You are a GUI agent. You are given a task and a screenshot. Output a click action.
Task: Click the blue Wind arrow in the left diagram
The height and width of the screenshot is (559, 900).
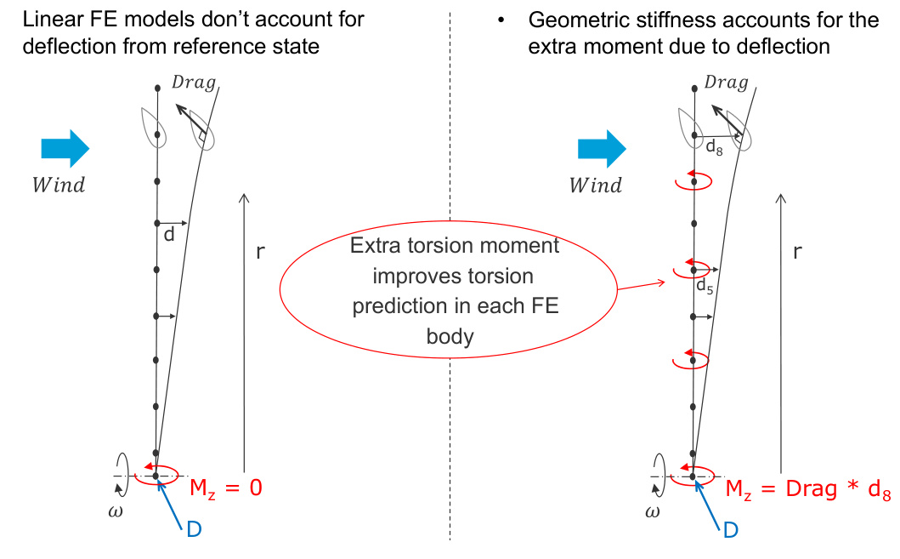(x=65, y=148)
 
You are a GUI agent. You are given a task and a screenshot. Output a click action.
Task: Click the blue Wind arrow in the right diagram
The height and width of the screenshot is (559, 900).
(x=602, y=148)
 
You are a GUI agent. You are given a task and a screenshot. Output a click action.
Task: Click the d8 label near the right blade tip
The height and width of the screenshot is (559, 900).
(x=716, y=147)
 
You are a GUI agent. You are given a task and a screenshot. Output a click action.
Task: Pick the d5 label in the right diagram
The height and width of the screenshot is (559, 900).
(x=705, y=288)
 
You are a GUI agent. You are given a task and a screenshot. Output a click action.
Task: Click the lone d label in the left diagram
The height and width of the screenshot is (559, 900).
(x=168, y=235)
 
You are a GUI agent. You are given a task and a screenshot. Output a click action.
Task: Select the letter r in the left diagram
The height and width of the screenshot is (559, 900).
(x=262, y=252)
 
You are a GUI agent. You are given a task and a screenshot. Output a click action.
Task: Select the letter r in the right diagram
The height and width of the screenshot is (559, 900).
(x=797, y=252)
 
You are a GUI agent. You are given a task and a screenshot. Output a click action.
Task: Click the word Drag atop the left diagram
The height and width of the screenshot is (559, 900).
(x=193, y=83)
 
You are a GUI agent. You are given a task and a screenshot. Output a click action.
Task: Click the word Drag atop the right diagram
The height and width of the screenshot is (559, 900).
(x=726, y=83)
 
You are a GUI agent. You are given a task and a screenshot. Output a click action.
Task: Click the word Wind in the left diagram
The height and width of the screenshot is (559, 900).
(x=59, y=185)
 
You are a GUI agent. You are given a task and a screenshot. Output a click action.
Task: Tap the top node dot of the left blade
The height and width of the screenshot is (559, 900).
(x=157, y=88)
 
